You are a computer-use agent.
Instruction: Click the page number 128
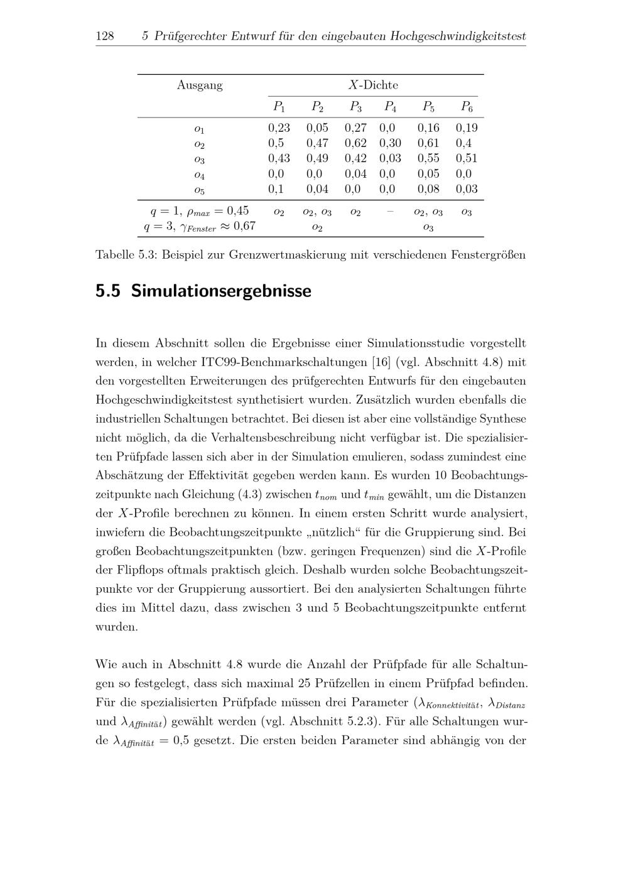pyautogui.click(x=104, y=36)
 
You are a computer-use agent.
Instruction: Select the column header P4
pyautogui.click(x=391, y=107)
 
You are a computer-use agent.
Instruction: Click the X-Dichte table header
pyautogui.click(x=373, y=85)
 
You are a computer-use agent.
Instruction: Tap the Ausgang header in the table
pyautogui.click(x=200, y=85)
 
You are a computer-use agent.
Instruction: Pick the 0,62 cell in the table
pyautogui.click(x=355, y=143)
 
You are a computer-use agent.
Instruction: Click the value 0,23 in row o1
pyautogui.click(x=279, y=128)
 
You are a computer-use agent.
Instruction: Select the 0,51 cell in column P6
pyautogui.click(x=467, y=158)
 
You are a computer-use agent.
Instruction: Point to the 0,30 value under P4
pyautogui.click(x=390, y=143)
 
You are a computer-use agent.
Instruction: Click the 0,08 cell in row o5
pyautogui.click(x=428, y=189)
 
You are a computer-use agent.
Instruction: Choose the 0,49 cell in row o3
pyautogui.click(x=317, y=158)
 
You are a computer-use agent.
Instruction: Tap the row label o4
pyautogui.click(x=199, y=175)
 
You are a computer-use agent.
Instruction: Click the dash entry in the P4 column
pyautogui.click(x=390, y=212)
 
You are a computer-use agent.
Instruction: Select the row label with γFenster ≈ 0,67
pyautogui.click(x=200, y=227)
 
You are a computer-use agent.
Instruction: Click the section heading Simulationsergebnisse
pyautogui.click(x=221, y=291)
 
